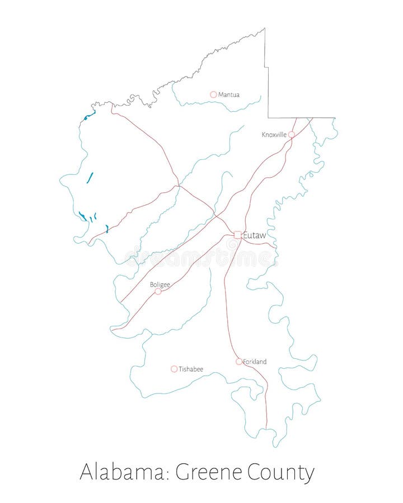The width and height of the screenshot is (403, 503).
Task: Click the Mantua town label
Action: (x=229, y=95)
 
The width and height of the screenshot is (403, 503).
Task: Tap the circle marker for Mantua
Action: (x=213, y=94)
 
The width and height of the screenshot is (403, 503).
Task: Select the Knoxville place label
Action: (x=274, y=135)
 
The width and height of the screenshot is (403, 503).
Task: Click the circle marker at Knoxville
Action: (x=292, y=135)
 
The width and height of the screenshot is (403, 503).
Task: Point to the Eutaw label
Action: (x=255, y=235)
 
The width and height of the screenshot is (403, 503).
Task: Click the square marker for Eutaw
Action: (x=238, y=235)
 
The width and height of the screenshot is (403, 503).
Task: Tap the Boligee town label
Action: (x=160, y=284)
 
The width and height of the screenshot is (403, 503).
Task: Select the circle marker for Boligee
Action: (x=158, y=291)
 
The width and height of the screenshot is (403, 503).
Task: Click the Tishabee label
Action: (x=191, y=369)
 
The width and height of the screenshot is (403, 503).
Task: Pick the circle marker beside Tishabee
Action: (x=174, y=369)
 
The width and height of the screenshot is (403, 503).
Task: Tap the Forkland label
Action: (x=255, y=362)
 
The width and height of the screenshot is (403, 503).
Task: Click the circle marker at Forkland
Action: (x=239, y=362)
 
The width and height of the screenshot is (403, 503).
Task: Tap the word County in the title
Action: (x=280, y=473)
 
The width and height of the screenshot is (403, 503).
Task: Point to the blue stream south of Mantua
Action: (x=224, y=106)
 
